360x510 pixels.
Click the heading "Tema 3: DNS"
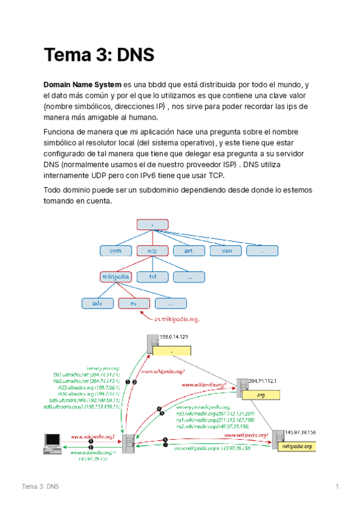(x=99, y=55)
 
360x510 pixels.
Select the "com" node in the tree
(x=116, y=251)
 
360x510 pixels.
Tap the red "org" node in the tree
(x=152, y=251)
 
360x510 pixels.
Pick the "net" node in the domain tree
(x=189, y=251)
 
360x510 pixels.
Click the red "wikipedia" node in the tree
(x=115, y=277)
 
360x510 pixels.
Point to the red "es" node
(x=134, y=303)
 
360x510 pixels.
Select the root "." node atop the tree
(x=152, y=224)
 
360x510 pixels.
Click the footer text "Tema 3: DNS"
(x=40, y=486)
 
